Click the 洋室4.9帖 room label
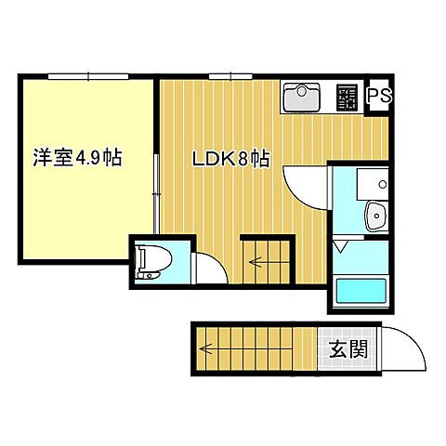click(78, 158)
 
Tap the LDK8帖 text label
click(230, 159)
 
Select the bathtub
click(359, 292)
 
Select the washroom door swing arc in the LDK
click(303, 186)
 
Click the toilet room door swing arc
click(210, 266)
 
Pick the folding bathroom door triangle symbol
click(340, 246)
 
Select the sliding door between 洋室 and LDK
click(156, 190)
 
